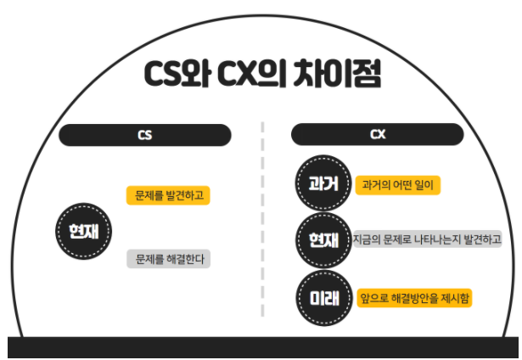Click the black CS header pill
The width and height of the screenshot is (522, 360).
pyautogui.click(x=144, y=135)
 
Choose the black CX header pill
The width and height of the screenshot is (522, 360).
pyautogui.click(x=377, y=135)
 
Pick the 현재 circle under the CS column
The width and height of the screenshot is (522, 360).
pyautogui.click(x=84, y=230)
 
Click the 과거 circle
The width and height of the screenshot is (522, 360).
pyautogui.click(x=323, y=184)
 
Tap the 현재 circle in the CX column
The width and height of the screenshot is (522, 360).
pyautogui.click(x=323, y=241)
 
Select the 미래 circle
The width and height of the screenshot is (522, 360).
pyautogui.click(x=323, y=298)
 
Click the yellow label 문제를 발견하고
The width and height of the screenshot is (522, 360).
pyautogui.click(x=168, y=195)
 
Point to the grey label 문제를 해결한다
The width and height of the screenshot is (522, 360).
pyautogui.click(x=168, y=259)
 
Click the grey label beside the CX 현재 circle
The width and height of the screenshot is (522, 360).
pyautogui.click(x=427, y=241)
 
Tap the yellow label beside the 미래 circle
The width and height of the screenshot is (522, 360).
pyautogui.click(x=414, y=298)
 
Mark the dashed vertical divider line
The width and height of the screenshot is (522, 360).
pyautogui.click(x=262, y=221)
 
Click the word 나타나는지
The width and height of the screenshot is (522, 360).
pyautogui.click(x=435, y=241)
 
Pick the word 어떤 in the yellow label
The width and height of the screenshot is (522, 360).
pyautogui.click(x=407, y=184)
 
